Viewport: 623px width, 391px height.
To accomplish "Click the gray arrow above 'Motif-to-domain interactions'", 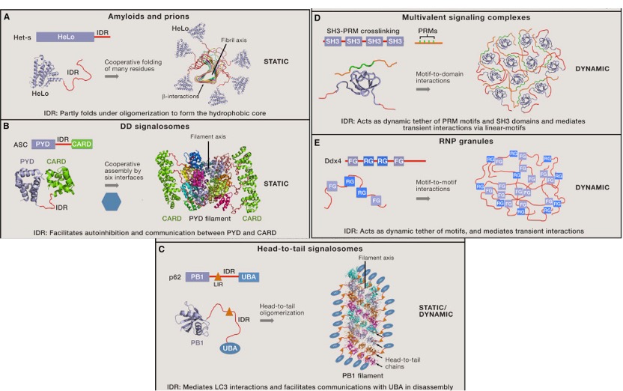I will [422, 89].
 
